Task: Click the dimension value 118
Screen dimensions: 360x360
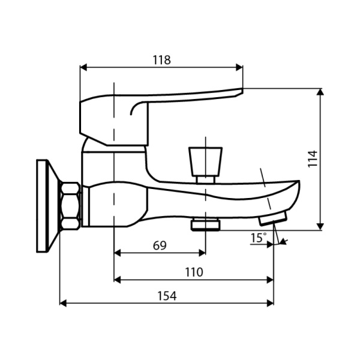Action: coord(161,60)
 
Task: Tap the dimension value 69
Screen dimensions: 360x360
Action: coord(159,245)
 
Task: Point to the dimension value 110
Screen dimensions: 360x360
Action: coord(193,272)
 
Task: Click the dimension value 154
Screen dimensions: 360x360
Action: coord(167,296)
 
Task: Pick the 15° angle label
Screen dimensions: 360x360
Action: coord(258,238)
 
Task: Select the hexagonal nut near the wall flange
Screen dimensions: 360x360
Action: coord(71,205)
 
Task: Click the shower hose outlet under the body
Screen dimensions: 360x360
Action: coord(205,224)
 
